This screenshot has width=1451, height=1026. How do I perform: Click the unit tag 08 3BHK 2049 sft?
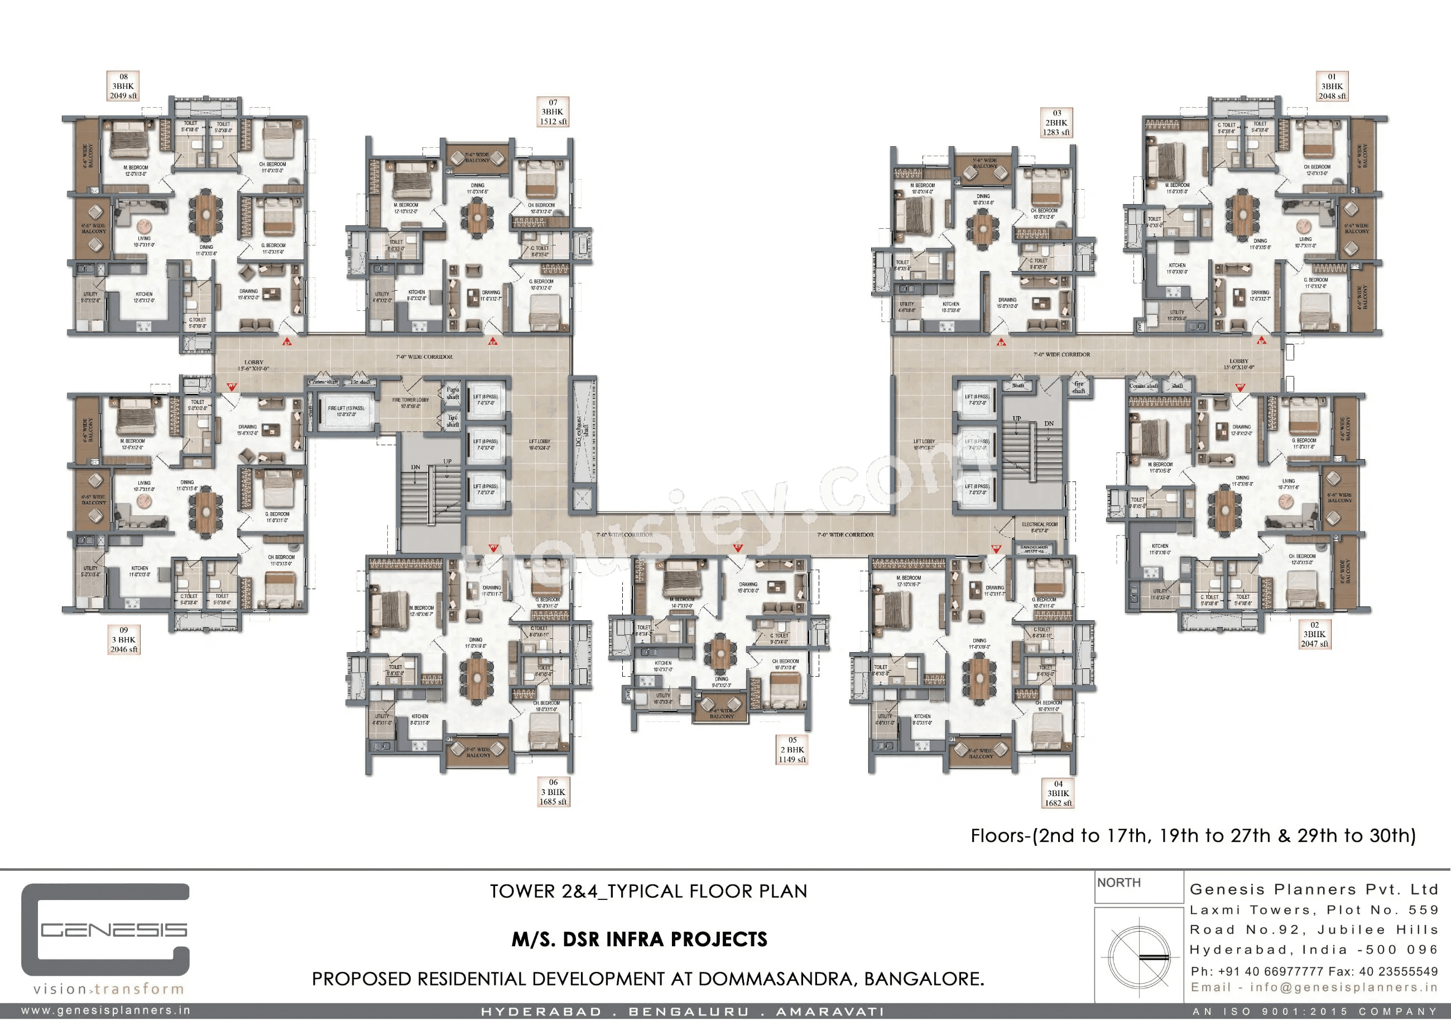click(x=123, y=86)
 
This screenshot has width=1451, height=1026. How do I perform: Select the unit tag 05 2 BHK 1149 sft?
click(x=792, y=750)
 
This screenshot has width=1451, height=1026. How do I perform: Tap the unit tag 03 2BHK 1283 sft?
click(x=1056, y=123)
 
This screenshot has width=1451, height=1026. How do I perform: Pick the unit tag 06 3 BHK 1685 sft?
click(x=553, y=792)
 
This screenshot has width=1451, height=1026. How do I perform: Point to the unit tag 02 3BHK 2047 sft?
click(x=1314, y=634)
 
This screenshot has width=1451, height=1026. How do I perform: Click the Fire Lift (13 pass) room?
click(x=345, y=412)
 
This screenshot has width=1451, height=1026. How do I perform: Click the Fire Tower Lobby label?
click(x=410, y=403)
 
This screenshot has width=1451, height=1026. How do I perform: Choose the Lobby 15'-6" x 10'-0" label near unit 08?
click(x=253, y=366)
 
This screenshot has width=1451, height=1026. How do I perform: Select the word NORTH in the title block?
click(x=1118, y=883)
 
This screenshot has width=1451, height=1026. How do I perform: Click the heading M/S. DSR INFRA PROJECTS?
click(x=640, y=940)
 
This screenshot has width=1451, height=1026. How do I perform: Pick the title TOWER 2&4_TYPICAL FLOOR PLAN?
click(x=648, y=892)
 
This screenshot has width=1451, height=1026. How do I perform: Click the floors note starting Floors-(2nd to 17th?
click(x=1193, y=836)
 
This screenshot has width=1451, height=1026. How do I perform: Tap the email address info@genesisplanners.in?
click(x=1313, y=988)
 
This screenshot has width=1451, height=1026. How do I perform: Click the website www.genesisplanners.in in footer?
click(x=105, y=1011)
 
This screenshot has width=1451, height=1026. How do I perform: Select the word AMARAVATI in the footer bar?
click(x=830, y=1012)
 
